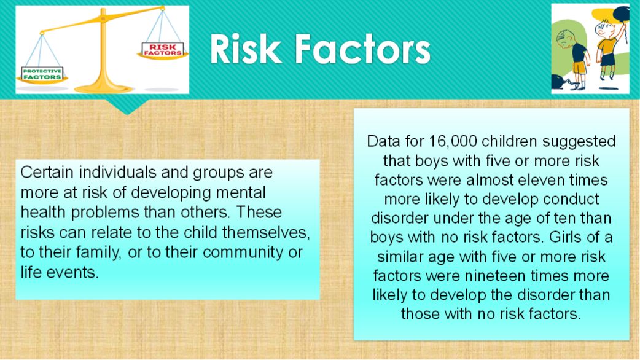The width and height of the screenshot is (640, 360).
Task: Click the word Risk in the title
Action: click(x=246, y=49)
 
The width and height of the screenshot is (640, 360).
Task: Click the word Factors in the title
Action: click(x=362, y=49)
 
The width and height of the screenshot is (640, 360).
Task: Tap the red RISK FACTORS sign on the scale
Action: click(x=162, y=50)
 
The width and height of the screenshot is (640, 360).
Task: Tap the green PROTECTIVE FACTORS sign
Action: click(x=42, y=74)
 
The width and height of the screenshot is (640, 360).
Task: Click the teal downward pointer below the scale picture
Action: click(x=127, y=106)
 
